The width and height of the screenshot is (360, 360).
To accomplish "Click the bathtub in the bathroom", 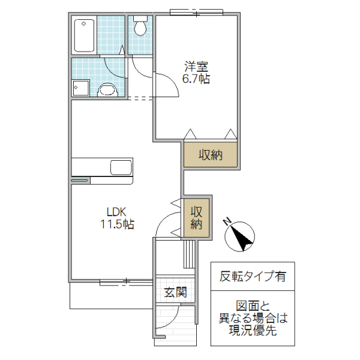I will pyautogui.click(x=84, y=35).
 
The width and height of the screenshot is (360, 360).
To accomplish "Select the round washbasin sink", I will pyautogui.click(x=107, y=90).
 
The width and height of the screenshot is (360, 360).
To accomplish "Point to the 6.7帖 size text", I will pyautogui.click(x=196, y=79).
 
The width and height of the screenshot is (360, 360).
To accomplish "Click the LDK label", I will pyautogui.click(x=116, y=212).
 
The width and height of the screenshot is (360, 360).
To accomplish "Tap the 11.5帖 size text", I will pyautogui.click(x=117, y=225).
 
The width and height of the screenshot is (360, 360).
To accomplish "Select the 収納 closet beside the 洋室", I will pyautogui.click(x=211, y=155).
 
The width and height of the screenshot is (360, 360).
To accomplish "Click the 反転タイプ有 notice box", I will pyautogui.click(x=252, y=277).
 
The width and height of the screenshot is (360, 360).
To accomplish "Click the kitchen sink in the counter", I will pyautogui.click(x=121, y=166).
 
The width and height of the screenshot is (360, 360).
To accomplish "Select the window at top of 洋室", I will pyautogui.click(x=194, y=11).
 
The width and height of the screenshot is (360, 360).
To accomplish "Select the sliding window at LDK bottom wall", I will pyautogui.click(x=125, y=281).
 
